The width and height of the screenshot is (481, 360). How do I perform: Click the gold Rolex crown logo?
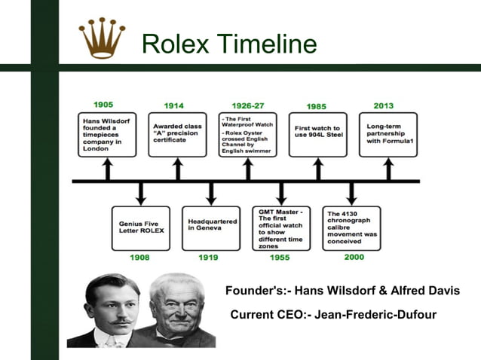(102, 38)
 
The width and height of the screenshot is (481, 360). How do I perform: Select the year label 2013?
(383, 105)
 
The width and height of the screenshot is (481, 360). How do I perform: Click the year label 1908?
(139, 258)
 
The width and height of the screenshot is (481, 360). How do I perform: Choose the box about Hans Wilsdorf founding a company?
(106, 135)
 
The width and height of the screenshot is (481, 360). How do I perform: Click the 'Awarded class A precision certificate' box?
(177, 135)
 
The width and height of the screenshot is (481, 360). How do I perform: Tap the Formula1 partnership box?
(388, 135)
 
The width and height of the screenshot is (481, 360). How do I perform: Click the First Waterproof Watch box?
(247, 135)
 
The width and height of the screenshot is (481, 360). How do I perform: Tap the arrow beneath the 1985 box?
(317, 169)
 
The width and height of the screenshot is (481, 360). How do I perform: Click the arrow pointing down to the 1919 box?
(210, 193)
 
